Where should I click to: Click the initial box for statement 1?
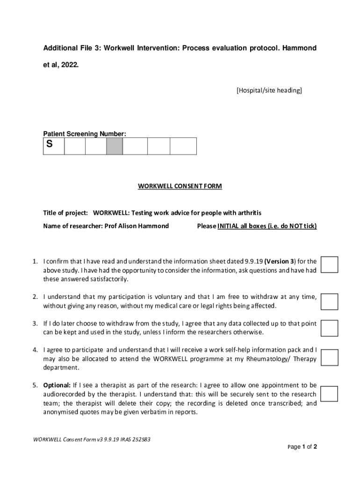[329, 264]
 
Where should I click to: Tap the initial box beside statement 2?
[329, 302]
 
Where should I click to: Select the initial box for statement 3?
[329, 328]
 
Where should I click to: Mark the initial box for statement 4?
[329, 357]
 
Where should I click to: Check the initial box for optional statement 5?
[329, 393]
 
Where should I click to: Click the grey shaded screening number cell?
[115, 146]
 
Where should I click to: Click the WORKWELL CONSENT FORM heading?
[180, 186]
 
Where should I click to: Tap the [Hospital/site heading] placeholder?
[269, 90]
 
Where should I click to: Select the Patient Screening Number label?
[85, 134]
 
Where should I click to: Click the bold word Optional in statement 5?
[57, 385]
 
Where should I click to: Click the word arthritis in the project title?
[248, 213]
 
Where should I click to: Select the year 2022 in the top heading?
[69, 65]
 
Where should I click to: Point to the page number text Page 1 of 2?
[302, 447]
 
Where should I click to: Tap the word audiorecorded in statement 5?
[65, 394]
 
